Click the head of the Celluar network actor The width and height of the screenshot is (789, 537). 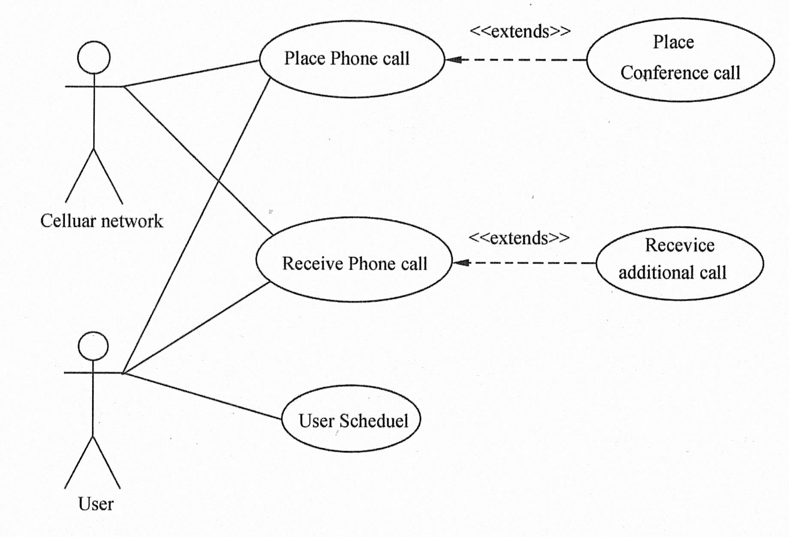point(94,57)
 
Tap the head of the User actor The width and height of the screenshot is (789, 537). point(93,346)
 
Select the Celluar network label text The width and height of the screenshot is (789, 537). point(102,221)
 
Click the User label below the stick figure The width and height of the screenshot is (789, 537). point(96,504)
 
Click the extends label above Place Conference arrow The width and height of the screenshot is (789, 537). point(520,31)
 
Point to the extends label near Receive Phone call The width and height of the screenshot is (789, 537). point(519,238)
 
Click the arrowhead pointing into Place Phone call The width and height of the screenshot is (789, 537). point(453,60)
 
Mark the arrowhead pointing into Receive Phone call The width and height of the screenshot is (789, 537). point(461,262)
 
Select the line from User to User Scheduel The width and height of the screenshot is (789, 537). point(202,396)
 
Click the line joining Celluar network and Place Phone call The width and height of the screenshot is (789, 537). point(191,74)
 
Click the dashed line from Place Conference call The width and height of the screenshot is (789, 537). point(523,60)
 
